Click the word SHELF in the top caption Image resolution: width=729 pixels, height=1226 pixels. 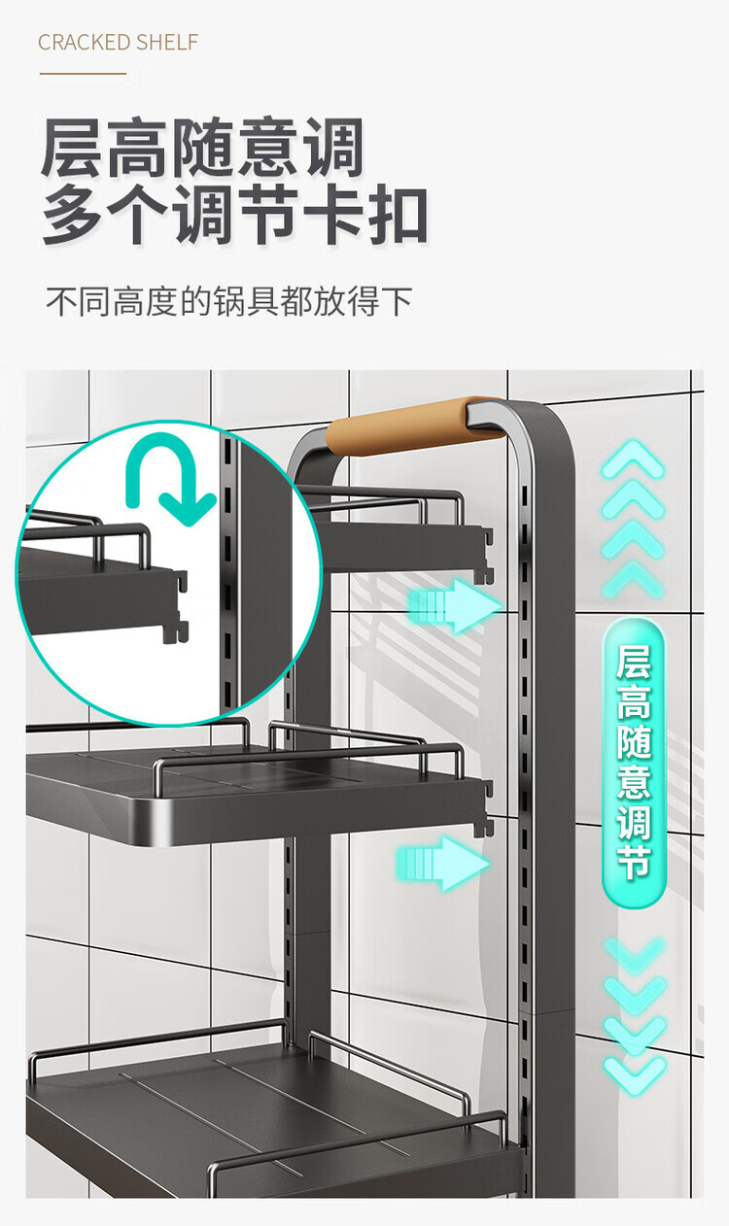click(x=167, y=43)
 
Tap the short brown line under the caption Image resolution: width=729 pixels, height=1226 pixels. click(x=83, y=73)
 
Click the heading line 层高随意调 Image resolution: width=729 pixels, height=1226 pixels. click(x=202, y=149)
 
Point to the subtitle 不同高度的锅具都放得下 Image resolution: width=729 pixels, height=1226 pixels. click(x=229, y=301)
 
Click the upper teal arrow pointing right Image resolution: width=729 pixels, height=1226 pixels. click(x=452, y=607)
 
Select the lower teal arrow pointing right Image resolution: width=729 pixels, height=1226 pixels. click(x=442, y=861)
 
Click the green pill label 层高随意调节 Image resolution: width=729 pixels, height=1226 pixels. click(x=633, y=764)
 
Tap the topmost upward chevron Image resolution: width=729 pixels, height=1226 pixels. click(x=633, y=459)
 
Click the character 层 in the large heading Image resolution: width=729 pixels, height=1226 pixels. click(x=73, y=149)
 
